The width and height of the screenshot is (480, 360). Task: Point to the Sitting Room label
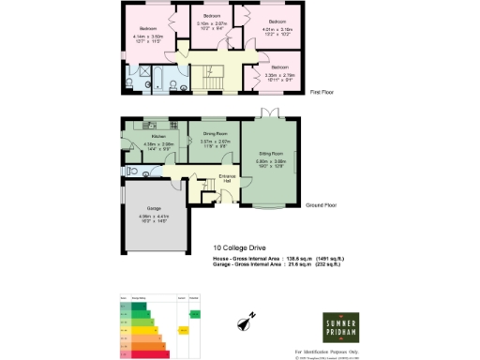click(x=271, y=152)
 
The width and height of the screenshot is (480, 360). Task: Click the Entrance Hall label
click(x=226, y=177)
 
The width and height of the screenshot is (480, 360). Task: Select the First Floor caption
click(x=322, y=92)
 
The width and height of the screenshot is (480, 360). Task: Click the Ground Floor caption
click(x=322, y=205)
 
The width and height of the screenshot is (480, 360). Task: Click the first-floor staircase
click(x=212, y=75)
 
